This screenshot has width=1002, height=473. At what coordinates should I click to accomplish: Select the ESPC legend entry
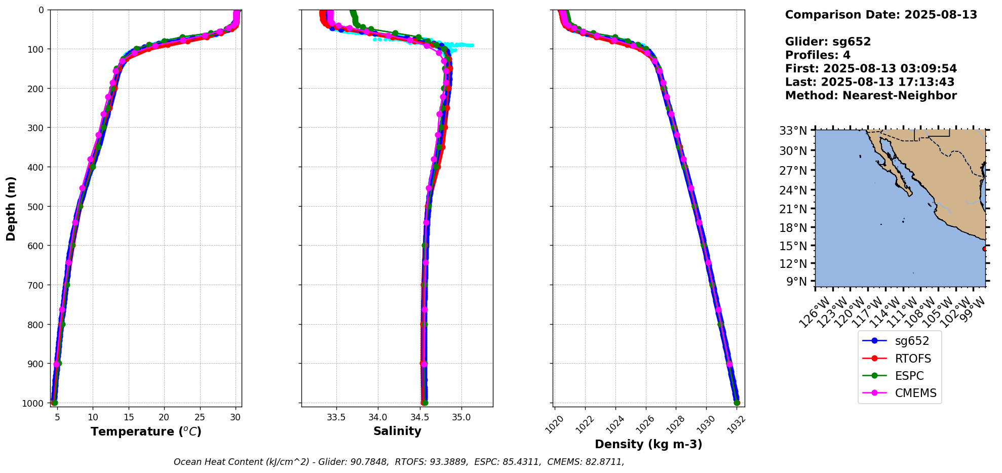pyautogui.click(x=909, y=376)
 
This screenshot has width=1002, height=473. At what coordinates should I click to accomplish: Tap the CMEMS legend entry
pyautogui.click(x=915, y=393)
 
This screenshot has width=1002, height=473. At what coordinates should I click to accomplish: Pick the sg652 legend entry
pyautogui.click(x=912, y=341)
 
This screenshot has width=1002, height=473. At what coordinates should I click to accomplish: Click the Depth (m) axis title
pyautogui.click(x=11, y=208)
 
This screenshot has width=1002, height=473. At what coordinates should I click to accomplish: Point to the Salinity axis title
pyautogui.click(x=397, y=431)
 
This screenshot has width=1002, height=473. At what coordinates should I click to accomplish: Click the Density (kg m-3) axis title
pyautogui.click(x=648, y=444)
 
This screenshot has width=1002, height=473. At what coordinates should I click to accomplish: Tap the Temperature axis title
pyautogui.click(x=146, y=431)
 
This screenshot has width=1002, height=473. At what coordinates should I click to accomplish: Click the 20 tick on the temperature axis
pyautogui.click(x=164, y=417)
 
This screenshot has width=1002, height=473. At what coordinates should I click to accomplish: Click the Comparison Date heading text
pyautogui.click(x=881, y=15)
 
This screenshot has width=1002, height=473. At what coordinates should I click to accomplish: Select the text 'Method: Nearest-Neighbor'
pyautogui.click(x=871, y=96)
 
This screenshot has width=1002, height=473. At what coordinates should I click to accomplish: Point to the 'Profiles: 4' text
pyautogui.click(x=818, y=55)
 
